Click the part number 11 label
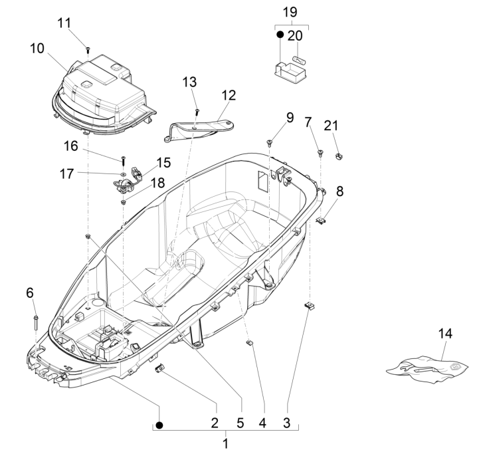point(82,23)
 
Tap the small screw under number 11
point(88,49)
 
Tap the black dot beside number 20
point(280,35)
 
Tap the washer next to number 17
point(124,173)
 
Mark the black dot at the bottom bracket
point(159,423)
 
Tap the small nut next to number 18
point(124,201)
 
